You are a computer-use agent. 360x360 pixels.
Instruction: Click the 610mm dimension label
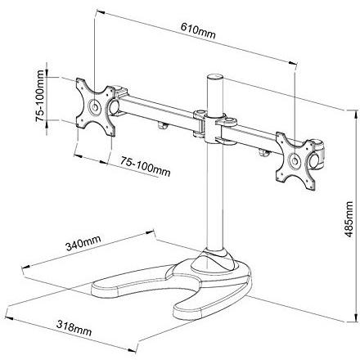pyautogui.click(x=198, y=30)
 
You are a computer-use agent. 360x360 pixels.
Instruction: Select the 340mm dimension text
pyautogui.click(x=83, y=243)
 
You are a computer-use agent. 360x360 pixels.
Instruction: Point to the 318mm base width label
pyautogui.click(x=74, y=328)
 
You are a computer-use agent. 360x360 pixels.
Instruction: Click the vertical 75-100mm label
pyautogui.click(x=40, y=96)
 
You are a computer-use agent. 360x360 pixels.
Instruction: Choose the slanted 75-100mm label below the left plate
pyautogui.click(x=146, y=166)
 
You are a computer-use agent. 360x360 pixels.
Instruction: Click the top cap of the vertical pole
pyautogui.click(x=215, y=76)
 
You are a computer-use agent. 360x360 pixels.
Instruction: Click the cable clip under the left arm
pyautogui.click(x=162, y=125)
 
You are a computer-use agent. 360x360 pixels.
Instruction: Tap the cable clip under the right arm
pyautogui.click(x=264, y=153)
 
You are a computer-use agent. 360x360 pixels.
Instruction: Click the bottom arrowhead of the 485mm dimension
pyautogui.click(x=356, y=317)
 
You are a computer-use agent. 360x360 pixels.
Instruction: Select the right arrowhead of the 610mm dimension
pyautogui.click(x=292, y=63)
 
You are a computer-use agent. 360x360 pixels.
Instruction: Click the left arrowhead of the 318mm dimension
pyautogui.click(x=9, y=318)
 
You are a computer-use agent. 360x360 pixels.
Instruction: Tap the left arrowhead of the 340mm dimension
pyautogui.click(x=26, y=267)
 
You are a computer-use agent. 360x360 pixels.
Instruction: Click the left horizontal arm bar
pyautogui.click(x=157, y=112)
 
